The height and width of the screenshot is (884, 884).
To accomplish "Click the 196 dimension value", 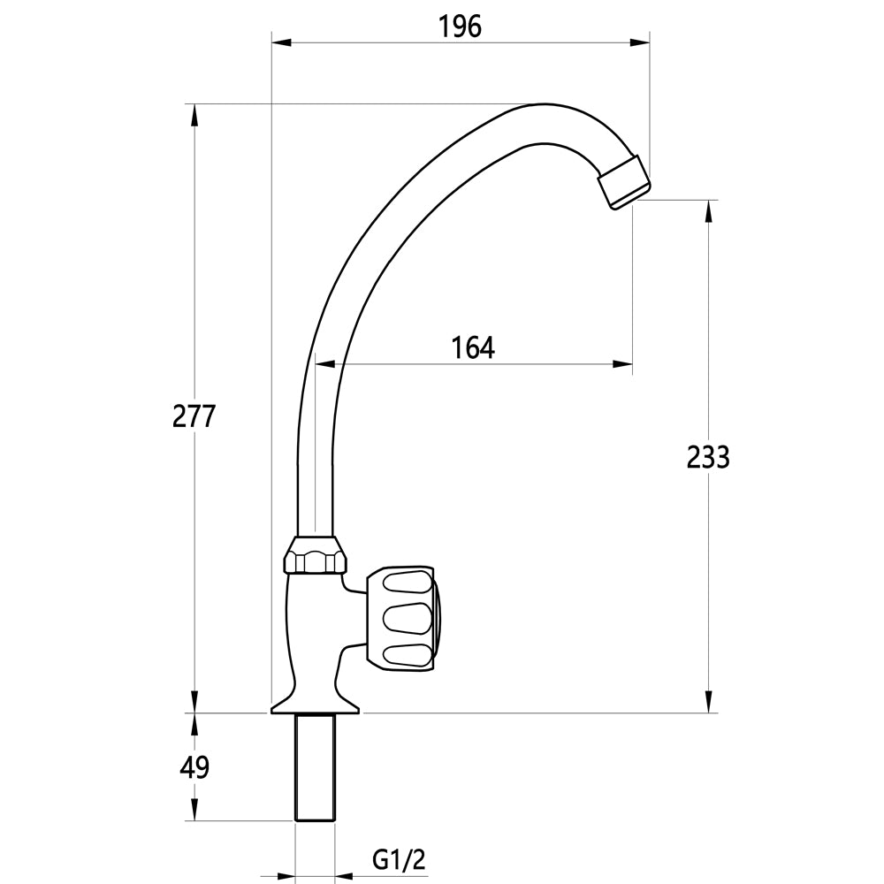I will pyautogui.click(x=460, y=27).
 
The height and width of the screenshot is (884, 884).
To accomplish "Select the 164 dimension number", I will pyautogui.click(x=473, y=348).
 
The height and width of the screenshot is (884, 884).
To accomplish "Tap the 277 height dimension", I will pyautogui.click(x=194, y=415).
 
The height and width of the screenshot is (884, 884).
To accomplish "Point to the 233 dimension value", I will pyautogui.click(x=707, y=457).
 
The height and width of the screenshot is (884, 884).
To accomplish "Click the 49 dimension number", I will pyautogui.click(x=194, y=767).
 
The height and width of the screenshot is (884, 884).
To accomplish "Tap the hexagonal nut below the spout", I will pyautogui.click(x=314, y=560).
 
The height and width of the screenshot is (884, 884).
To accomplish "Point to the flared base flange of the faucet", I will pyautogui.click(x=315, y=705).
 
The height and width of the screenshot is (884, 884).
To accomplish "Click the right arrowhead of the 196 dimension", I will pyautogui.click(x=643, y=42).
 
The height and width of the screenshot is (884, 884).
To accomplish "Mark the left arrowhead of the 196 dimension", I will pyautogui.click(x=278, y=42).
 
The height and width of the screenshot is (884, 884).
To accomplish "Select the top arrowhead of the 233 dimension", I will pyautogui.click(x=707, y=208).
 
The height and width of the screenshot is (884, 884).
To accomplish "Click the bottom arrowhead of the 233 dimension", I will pyautogui.click(x=707, y=705).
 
